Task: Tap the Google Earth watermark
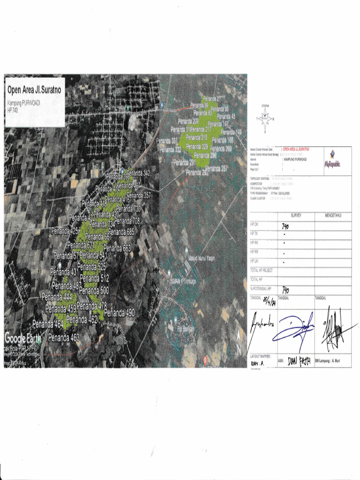[22, 337]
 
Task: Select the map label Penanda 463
[64, 337]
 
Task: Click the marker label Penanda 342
[140, 173]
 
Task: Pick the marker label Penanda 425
[65, 231]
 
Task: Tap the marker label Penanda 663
[117, 248]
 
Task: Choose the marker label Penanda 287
[217, 168]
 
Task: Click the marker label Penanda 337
[167, 141]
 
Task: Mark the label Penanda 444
[57, 297]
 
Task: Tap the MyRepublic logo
[332, 159]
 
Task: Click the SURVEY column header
[296, 215]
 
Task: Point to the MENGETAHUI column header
[333, 215]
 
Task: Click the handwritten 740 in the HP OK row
[285, 225]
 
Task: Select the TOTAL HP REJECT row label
[262, 270]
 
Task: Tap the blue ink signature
[293, 327]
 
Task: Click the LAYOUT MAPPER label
[261, 356]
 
